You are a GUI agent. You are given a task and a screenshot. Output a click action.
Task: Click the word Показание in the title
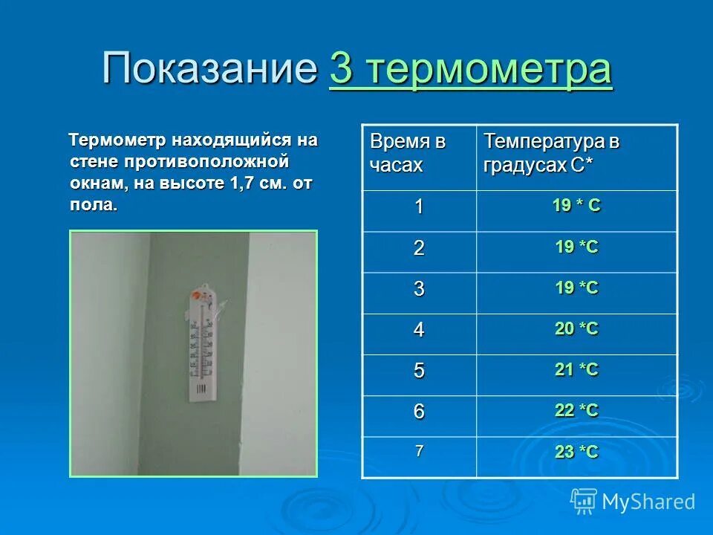pyautogui.click(x=210, y=70)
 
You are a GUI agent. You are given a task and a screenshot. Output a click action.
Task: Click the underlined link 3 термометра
pyautogui.click(x=471, y=71)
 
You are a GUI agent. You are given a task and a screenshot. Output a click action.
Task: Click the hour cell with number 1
pyautogui.click(x=419, y=207)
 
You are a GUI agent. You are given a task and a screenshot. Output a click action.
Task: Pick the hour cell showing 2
pyautogui.click(x=419, y=248)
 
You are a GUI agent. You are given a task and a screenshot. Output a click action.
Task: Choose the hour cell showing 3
pyautogui.click(x=419, y=289)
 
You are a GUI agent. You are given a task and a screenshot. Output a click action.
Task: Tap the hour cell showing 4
pyautogui.click(x=419, y=330)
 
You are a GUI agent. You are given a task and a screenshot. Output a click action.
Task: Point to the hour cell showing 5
pyautogui.click(x=419, y=371)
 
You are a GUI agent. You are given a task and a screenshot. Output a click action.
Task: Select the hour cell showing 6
pyautogui.click(x=419, y=412)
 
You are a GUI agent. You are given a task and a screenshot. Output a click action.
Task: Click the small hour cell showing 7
pyautogui.click(x=419, y=450)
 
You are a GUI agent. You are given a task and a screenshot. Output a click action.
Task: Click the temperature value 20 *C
pyautogui.click(x=576, y=329)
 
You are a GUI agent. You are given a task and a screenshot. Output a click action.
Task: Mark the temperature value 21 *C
pyautogui.click(x=576, y=370)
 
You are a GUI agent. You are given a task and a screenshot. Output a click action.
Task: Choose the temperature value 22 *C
pyautogui.click(x=576, y=411)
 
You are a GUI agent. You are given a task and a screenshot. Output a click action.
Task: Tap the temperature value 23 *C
pyautogui.click(x=576, y=452)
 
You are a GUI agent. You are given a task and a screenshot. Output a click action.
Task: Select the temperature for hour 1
pyautogui.click(x=576, y=207)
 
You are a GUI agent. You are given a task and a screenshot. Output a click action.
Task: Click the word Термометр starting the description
pyautogui.click(x=118, y=140)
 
